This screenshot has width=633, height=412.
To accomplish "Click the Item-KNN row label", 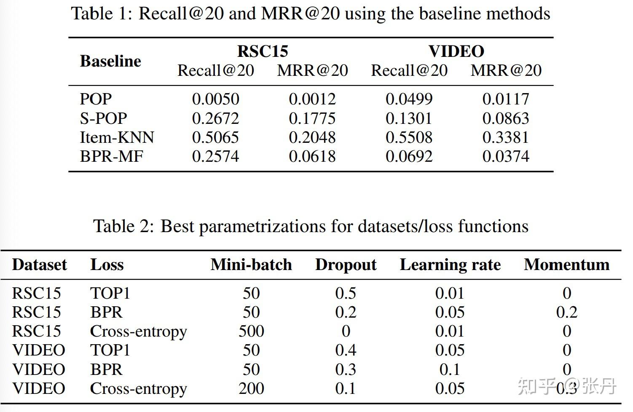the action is (117, 137).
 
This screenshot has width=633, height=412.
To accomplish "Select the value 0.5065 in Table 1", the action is (216, 137).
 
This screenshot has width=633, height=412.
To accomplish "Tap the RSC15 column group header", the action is (263, 51).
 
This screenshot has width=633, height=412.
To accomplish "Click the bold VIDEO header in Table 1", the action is (456, 51).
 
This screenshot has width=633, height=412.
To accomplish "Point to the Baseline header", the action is (110, 61).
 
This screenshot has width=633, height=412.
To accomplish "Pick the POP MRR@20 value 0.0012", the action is (312, 99).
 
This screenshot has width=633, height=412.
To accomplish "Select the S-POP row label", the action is (103, 118).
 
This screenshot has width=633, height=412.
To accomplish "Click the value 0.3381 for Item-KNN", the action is (506, 137).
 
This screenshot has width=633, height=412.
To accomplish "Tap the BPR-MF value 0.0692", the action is (409, 156).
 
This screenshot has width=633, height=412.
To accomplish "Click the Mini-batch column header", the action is (251, 265).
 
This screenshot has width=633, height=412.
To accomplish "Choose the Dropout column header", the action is (346, 265).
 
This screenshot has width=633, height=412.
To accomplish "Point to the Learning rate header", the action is (450, 265).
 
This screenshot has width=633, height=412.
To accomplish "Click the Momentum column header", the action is (566, 265).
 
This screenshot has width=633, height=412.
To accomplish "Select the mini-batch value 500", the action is (251, 331).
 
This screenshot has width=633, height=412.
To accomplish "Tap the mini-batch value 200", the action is (251, 388).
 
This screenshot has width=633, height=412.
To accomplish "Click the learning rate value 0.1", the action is (450, 369).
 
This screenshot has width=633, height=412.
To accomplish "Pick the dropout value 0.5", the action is (346, 293).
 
